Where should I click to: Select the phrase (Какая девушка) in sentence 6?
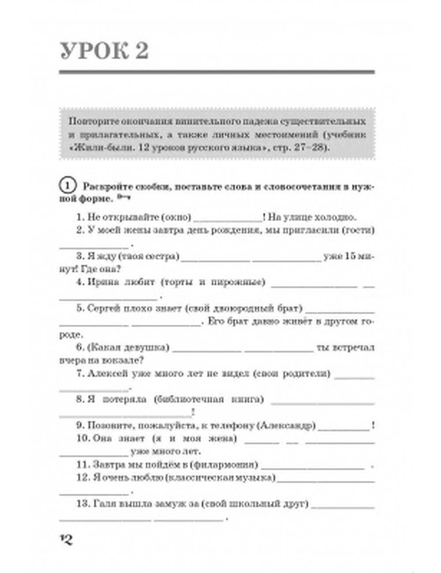tap(128, 347)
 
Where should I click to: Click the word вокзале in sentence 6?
tap(123, 360)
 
